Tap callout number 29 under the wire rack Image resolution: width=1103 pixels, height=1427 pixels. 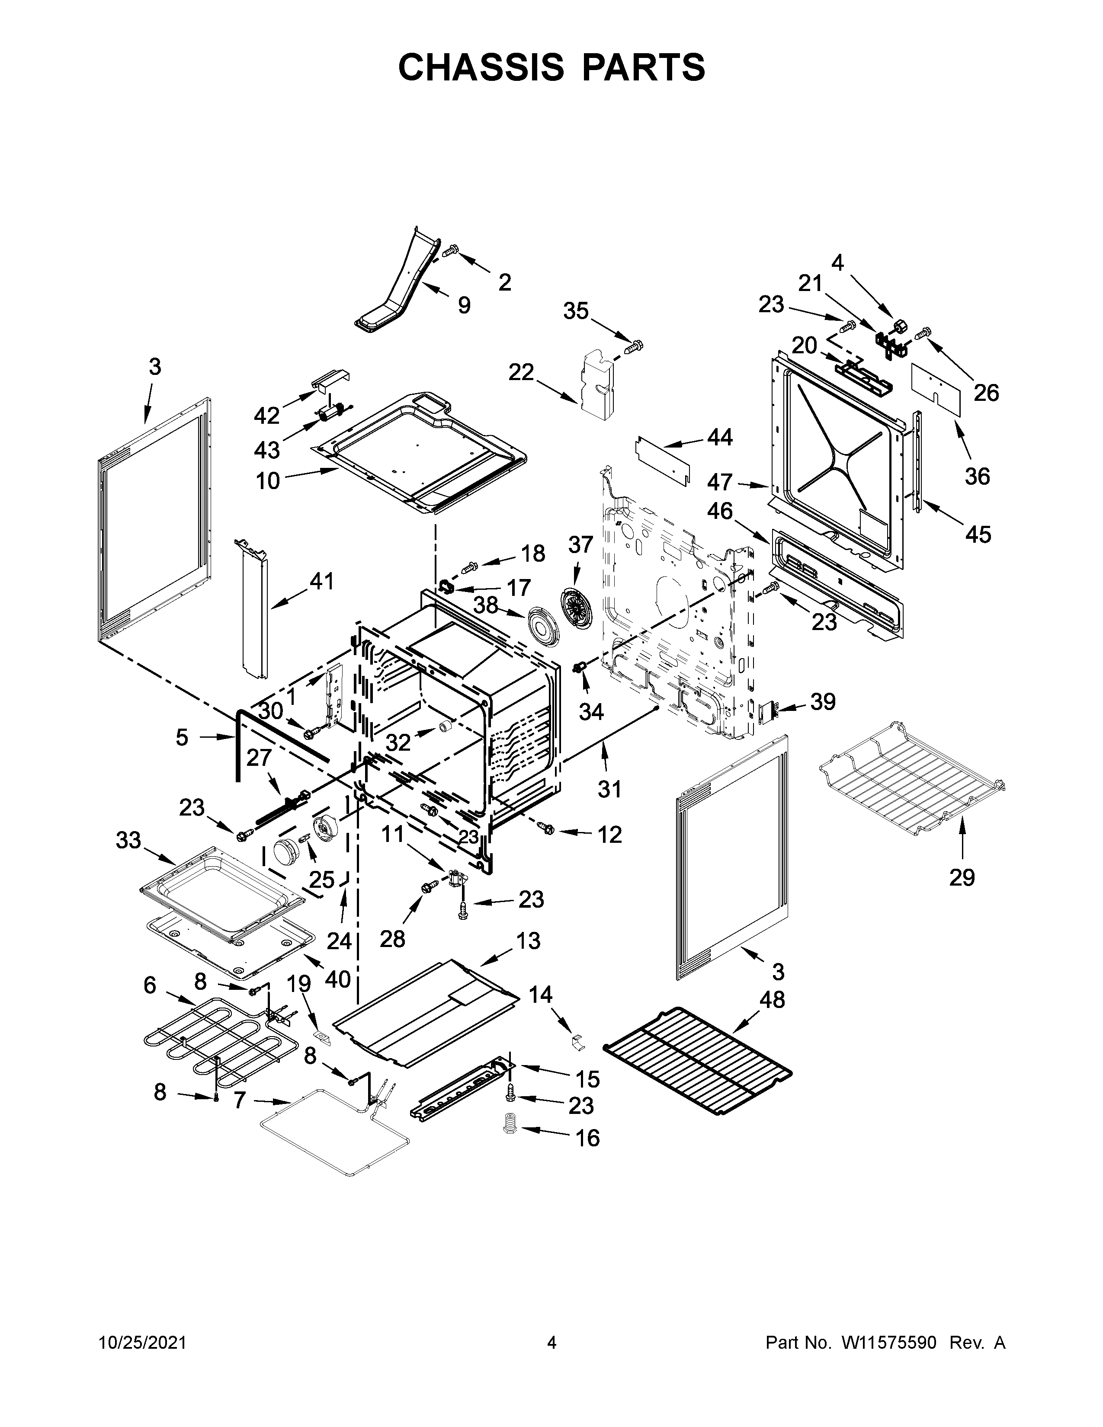(962, 877)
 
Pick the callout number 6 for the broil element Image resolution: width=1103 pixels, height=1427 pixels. (150, 985)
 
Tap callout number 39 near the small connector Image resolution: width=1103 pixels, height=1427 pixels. (823, 702)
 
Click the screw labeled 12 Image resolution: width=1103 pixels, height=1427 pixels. (545, 828)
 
